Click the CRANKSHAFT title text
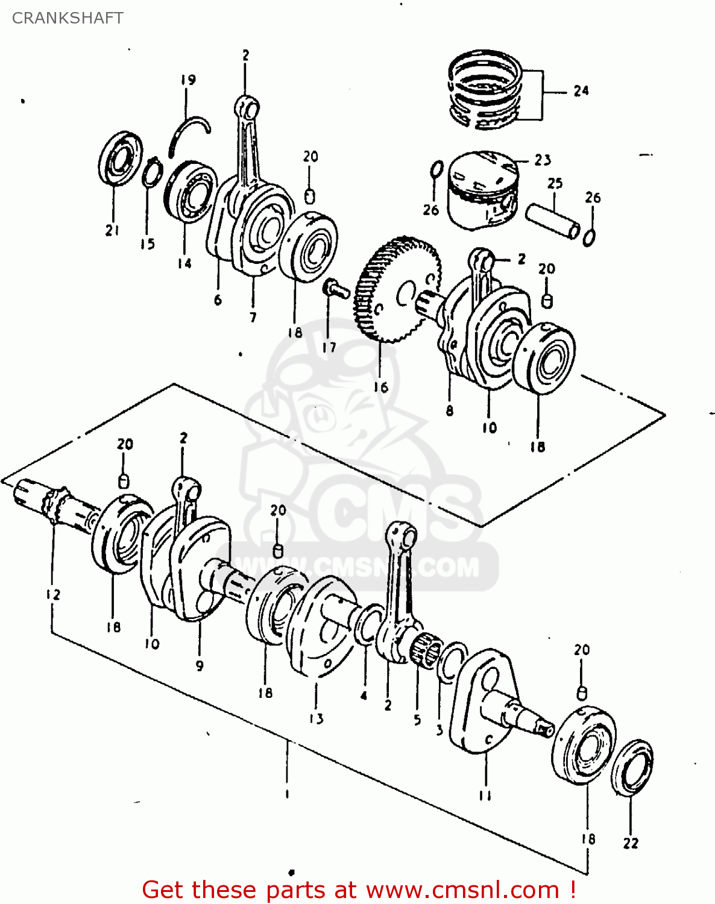click(x=68, y=18)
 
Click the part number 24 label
click(x=581, y=91)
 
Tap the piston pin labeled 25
click(x=553, y=221)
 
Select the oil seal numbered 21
click(x=121, y=159)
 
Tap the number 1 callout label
click(x=287, y=794)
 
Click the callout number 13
click(x=317, y=718)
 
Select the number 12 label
click(x=53, y=594)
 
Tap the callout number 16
click(x=380, y=387)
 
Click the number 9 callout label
click(x=199, y=665)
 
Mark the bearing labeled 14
click(x=190, y=191)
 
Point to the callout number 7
click(x=253, y=317)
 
